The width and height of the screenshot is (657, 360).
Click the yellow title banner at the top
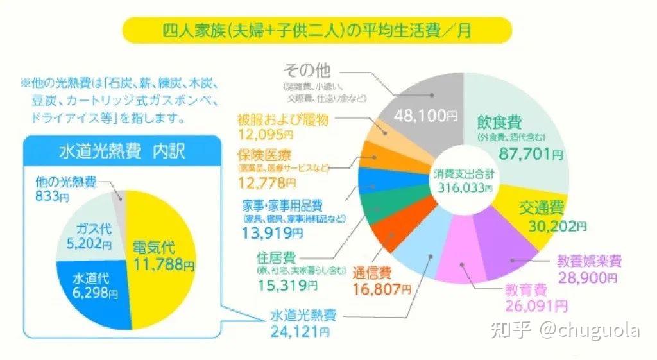(316, 30)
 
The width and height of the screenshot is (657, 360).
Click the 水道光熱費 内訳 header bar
(121, 152)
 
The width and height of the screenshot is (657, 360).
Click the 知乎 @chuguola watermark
(565, 330)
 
